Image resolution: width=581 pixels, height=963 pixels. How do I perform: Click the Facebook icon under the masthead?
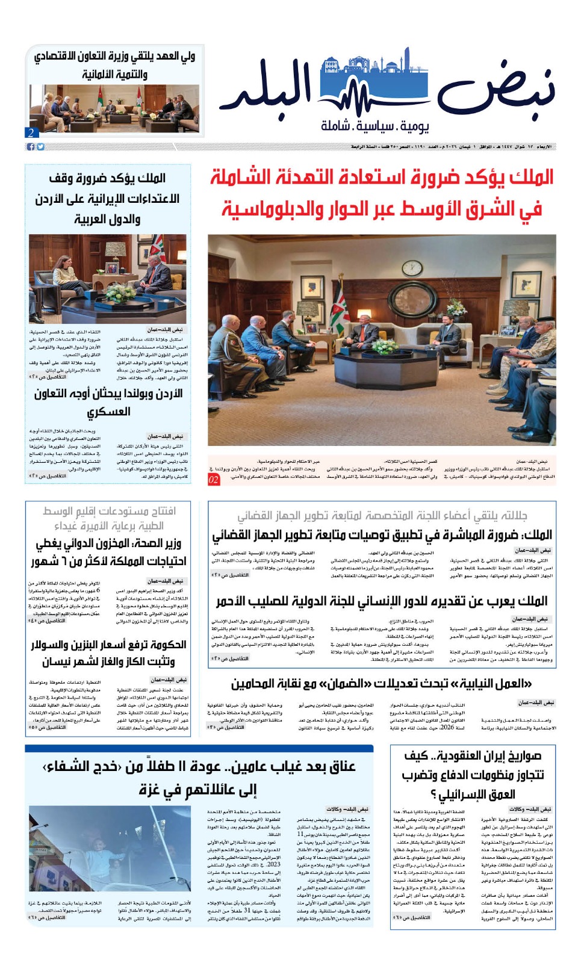pos(31,147)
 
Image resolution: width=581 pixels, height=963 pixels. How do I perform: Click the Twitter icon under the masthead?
pos(40,147)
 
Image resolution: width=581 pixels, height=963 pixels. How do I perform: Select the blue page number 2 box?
pos(31,132)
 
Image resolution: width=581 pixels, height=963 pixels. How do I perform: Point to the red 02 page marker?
pos(214,480)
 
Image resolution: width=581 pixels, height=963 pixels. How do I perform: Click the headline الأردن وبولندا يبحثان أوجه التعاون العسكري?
pos(108,402)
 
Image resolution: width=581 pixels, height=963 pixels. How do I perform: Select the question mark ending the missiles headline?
pos(433,795)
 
